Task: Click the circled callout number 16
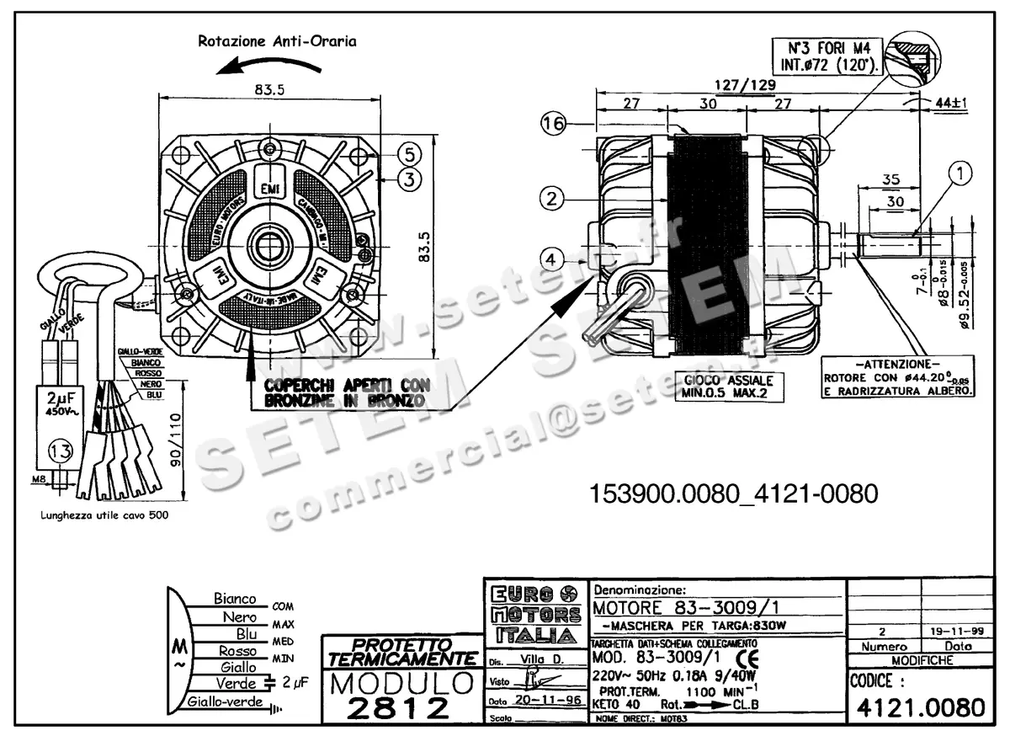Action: pos(552,125)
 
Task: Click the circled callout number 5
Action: pos(407,154)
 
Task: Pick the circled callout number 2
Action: pos(550,199)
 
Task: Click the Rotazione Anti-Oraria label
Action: pos(277,40)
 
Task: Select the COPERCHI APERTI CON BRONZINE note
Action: pos(347,392)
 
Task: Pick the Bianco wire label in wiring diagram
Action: pos(235,599)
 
